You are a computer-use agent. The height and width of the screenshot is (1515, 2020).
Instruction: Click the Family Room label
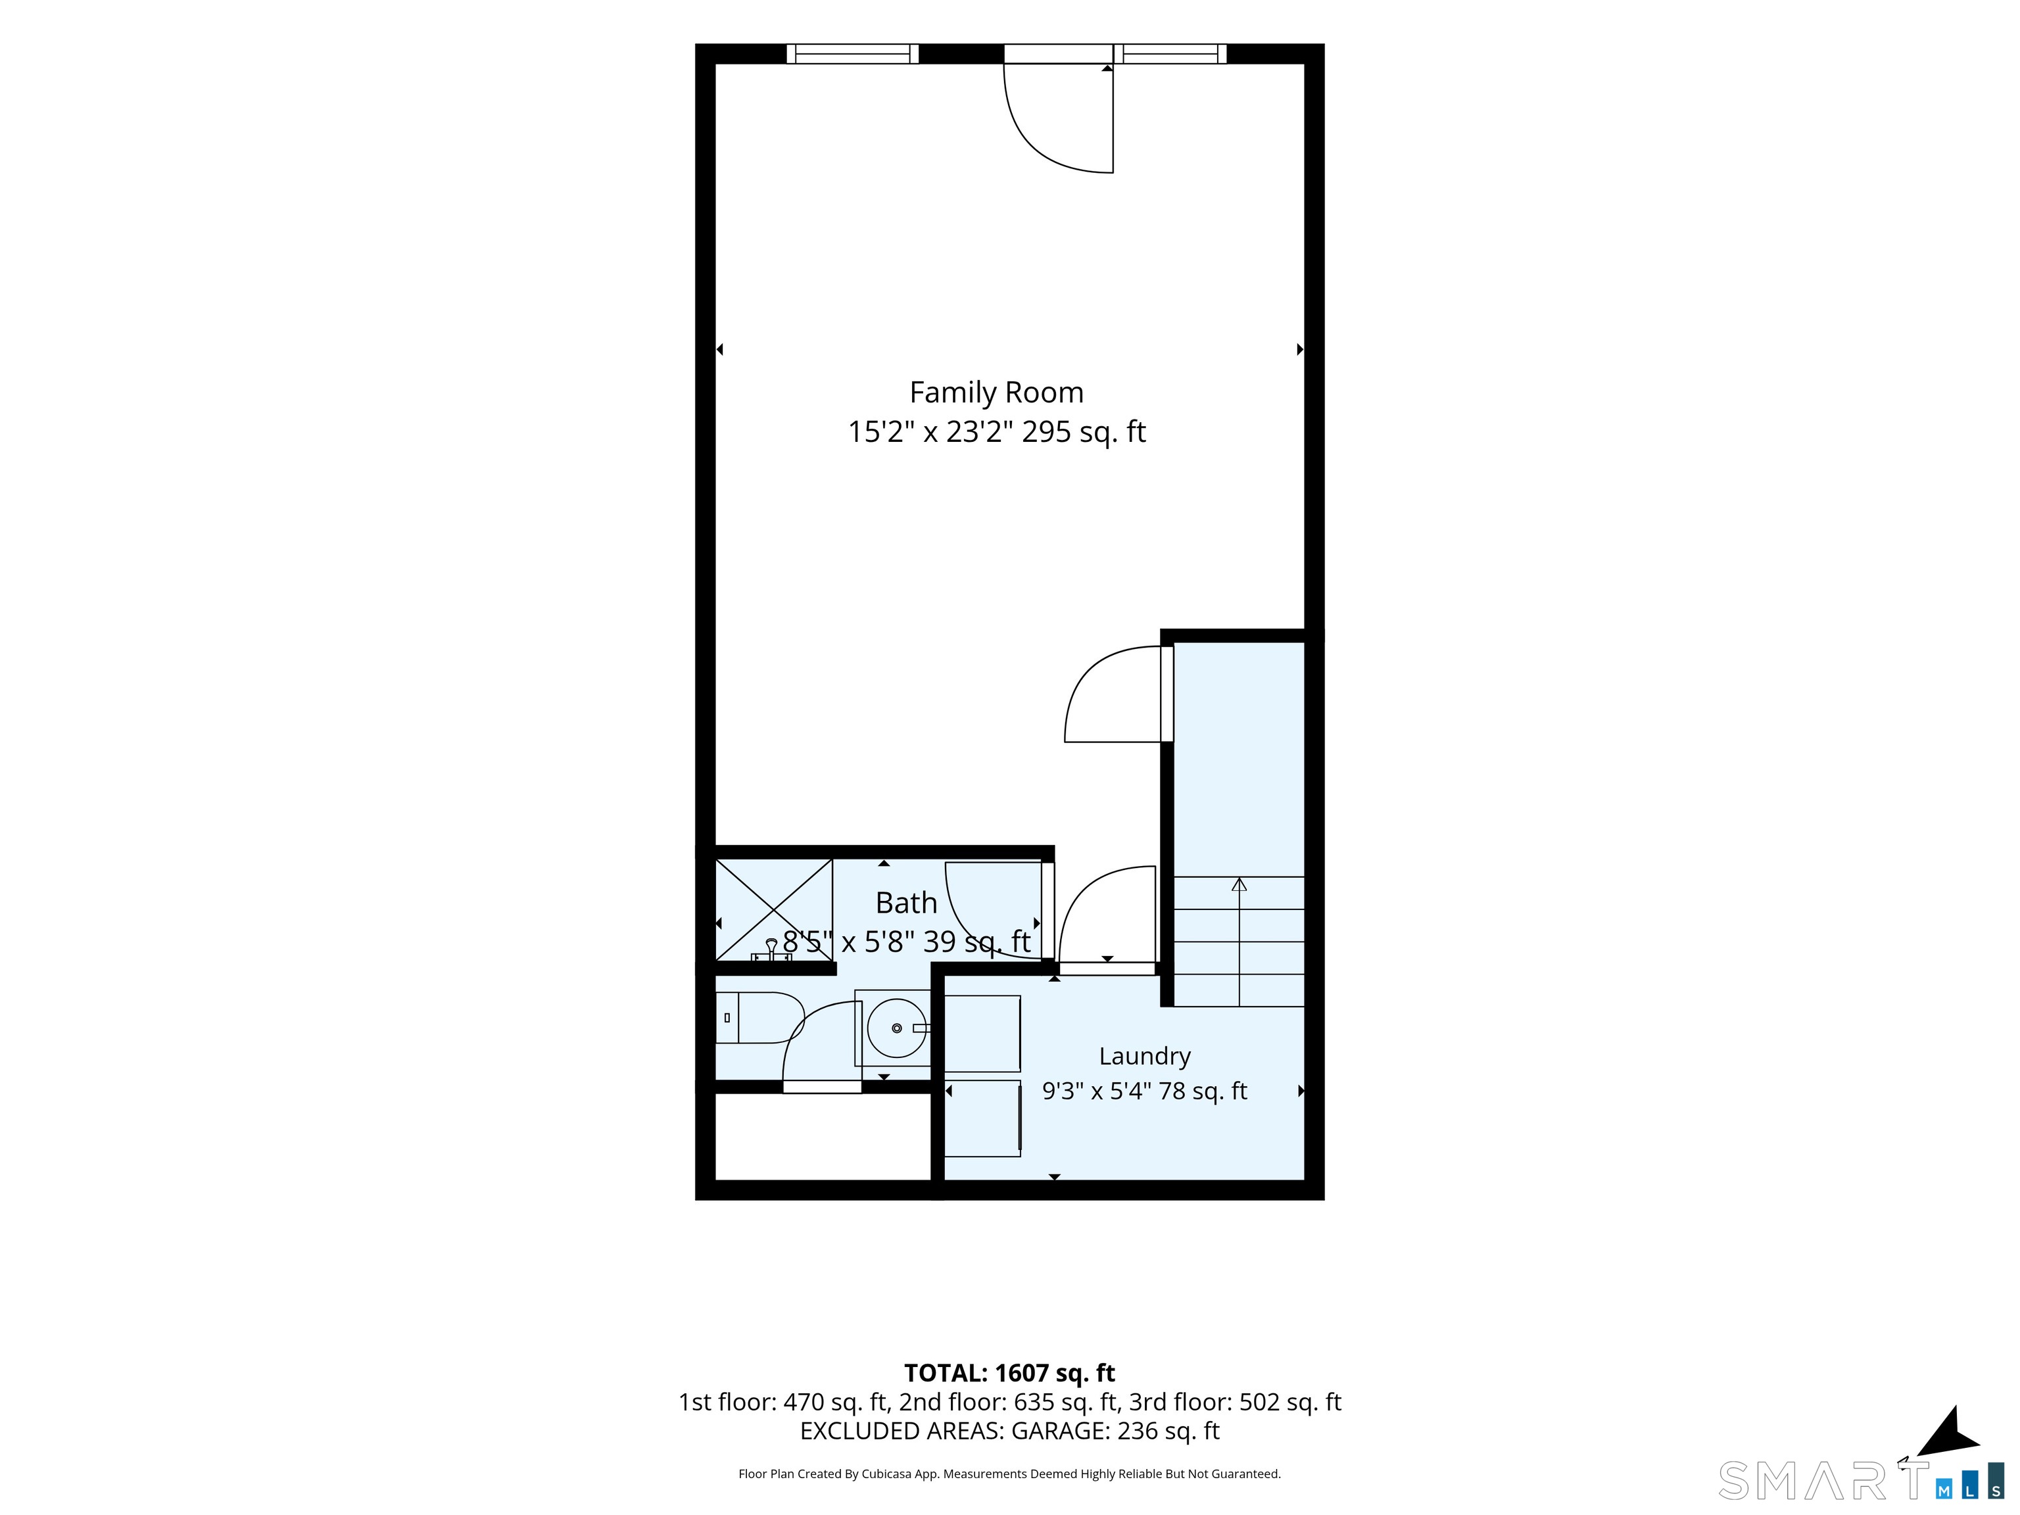(x=996, y=392)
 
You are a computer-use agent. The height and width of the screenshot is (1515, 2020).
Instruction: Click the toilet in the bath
(x=758, y=1017)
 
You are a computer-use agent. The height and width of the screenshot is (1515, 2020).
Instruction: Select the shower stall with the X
(x=773, y=911)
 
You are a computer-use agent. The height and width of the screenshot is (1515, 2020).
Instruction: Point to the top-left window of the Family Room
(x=853, y=54)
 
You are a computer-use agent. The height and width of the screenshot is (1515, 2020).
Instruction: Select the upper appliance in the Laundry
(x=982, y=1033)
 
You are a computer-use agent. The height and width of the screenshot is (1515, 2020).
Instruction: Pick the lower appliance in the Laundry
(x=982, y=1118)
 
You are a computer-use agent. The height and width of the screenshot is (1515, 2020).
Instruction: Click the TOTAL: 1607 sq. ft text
(x=1009, y=1374)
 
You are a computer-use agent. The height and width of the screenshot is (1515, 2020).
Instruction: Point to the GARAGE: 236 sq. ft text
(x=1115, y=1431)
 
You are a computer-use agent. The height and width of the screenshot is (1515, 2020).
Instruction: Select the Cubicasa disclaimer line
(x=1009, y=1474)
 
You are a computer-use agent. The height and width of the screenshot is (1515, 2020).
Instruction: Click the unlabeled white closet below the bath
(x=822, y=1137)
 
